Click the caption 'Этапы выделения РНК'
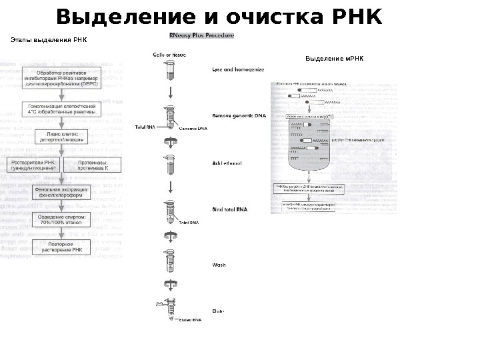coord(49,41)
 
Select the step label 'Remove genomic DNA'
coord(238,115)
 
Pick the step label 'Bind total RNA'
coord(230,209)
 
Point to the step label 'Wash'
coord(219,265)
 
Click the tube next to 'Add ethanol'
coord(171,165)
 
